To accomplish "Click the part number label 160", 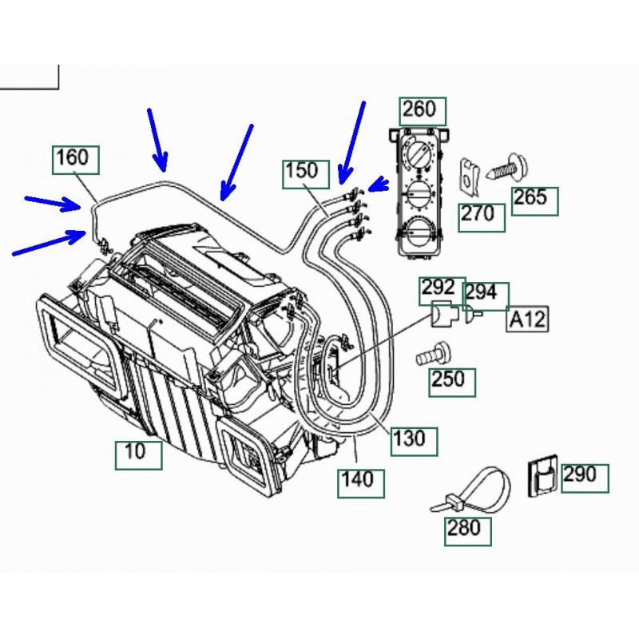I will pyautogui.click(x=76, y=159).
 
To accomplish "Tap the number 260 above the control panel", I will pyautogui.click(x=422, y=109).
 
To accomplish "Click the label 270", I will pyautogui.click(x=482, y=216).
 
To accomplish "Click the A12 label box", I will pyautogui.click(x=528, y=320).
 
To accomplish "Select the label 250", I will pyautogui.click(x=452, y=381).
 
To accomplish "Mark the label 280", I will pyautogui.click(x=464, y=528).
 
